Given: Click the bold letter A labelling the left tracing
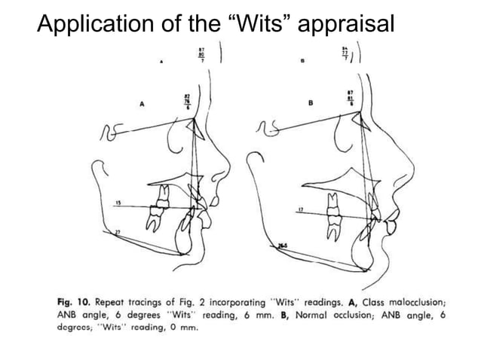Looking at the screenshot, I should click(141, 106).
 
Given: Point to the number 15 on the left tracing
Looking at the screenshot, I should click(120, 203).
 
